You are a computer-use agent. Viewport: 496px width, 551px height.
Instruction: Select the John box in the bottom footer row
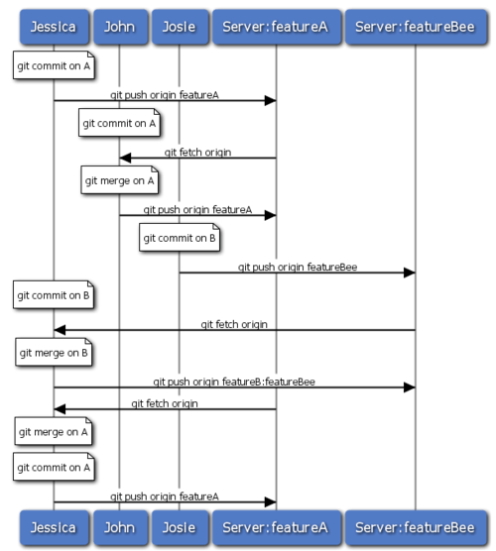click(x=118, y=529)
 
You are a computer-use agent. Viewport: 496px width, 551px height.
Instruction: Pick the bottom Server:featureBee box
click(x=415, y=529)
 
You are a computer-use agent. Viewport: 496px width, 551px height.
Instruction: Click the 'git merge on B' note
click(x=54, y=352)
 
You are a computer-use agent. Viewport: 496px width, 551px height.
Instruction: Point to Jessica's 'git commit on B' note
click(x=54, y=295)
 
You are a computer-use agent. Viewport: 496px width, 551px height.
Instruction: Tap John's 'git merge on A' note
click(x=118, y=181)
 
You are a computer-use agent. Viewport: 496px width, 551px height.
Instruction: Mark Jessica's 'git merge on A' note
click(x=54, y=431)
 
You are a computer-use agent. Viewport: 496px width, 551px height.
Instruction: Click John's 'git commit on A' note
click(x=118, y=125)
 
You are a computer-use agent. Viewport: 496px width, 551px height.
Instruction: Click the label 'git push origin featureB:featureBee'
click(x=234, y=381)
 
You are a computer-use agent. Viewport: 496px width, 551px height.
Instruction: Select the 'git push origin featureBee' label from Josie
click(x=298, y=267)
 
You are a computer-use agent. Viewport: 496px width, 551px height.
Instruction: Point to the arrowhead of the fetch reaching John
click(x=125, y=158)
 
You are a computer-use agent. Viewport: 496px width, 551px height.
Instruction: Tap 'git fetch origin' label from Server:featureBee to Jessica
click(x=234, y=323)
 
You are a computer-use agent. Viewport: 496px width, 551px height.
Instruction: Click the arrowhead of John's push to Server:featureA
click(x=270, y=215)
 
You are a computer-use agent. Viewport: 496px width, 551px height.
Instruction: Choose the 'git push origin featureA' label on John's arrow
click(x=197, y=209)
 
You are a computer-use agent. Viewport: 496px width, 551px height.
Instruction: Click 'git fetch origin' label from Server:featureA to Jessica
click(x=165, y=402)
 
